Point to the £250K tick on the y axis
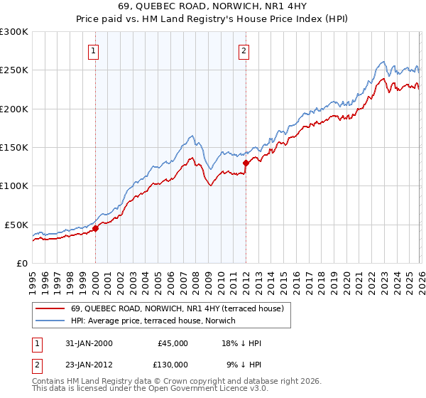coord(14,70)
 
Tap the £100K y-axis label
coord(14,186)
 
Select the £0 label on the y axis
coord(21,263)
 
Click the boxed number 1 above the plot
coord(95,50)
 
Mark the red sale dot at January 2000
coord(95,228)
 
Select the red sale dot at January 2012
coord(246,163)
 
